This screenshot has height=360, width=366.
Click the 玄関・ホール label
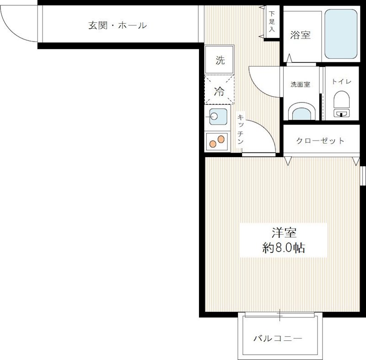pyautogui.click(x=118, y=26)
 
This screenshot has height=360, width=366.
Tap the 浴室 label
pyautogui.click(x=301, y=35)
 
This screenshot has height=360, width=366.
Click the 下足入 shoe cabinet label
pyautogui.click(x=272, y=22)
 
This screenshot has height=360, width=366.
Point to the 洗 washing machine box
pyautogui.click(x=220, y=60)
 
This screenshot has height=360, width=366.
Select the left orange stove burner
pyautogui.click(x=212, y=144)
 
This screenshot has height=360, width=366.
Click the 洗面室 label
pyautogui.click(x=301, y=84)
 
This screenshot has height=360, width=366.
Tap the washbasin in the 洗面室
pyautogui.click(x=301, y=113)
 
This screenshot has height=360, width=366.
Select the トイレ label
pyautogui.click(x=341, y=82)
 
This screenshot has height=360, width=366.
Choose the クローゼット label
pyautogui.click(x=320, y=140)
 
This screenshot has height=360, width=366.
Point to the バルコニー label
pyautogui.click(x=278, y=339)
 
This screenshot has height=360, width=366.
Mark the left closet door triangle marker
pyautogui.click(x=288, y=160)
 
